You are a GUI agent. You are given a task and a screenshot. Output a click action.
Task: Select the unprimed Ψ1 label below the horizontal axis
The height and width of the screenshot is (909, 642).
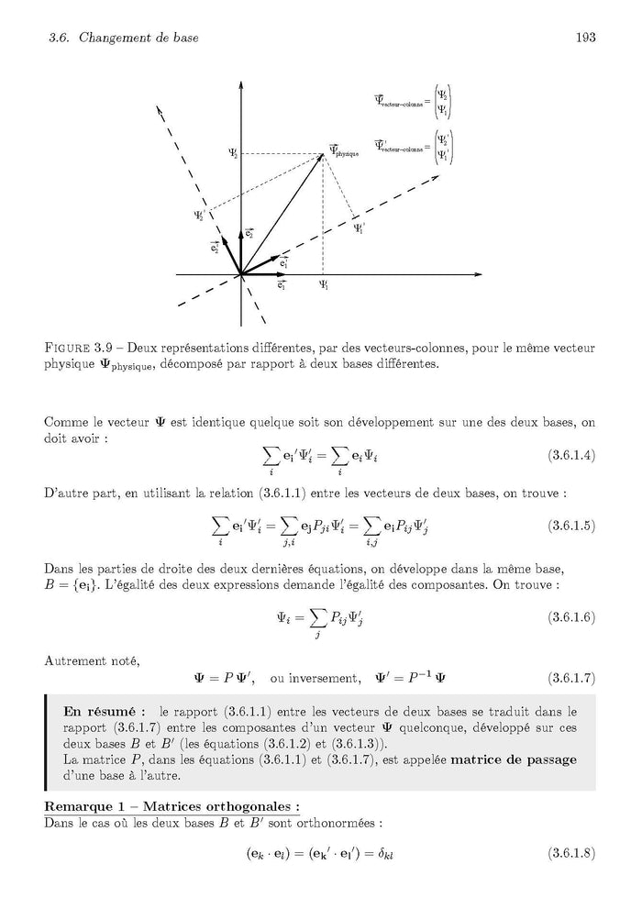tap(324, 286)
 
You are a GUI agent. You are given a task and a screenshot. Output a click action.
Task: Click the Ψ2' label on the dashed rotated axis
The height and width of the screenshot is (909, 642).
tap(200, 216)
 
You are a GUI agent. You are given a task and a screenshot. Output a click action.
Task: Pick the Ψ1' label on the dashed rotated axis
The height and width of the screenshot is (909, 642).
tap(360, 227)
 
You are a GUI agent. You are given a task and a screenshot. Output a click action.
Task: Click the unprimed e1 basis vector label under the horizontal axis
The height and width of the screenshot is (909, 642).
tap(281, 286)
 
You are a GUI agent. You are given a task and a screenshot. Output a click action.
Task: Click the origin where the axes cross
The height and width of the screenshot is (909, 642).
tap(241, 274)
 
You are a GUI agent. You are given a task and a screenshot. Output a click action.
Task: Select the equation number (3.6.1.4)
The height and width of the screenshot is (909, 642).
tap(571, 455)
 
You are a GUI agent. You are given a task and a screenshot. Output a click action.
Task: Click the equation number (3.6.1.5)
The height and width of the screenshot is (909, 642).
tap(571, 526)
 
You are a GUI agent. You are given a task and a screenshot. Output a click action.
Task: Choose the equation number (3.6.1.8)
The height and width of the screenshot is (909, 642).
tap(571, 853)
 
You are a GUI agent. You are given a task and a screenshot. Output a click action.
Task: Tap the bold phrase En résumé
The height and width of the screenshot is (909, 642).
tap(99, 711)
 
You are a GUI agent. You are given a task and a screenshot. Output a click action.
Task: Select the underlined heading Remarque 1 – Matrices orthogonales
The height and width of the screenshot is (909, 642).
tap(172, 807)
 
